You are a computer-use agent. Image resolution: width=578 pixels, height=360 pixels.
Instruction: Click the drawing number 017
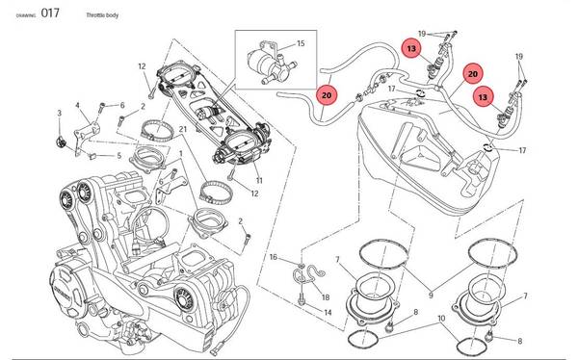pyautogui.click(x=50, y=13)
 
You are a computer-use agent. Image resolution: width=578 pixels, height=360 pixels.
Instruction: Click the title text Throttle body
pyautogui.click(x=102, y=15)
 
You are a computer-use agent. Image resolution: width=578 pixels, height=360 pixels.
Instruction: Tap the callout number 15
pyautogui.click(x=301, y=43)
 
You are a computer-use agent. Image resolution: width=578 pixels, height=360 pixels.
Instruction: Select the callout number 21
pyautogui.click(x=183, y=129)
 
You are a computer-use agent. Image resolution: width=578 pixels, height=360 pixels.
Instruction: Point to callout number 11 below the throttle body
pyautogui.click(x=259, y=181)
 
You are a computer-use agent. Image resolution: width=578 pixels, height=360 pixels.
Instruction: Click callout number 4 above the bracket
pyautogui.click(x=77, y=105)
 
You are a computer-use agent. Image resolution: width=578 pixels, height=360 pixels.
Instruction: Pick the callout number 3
pyautogui.click(x=60, y=114)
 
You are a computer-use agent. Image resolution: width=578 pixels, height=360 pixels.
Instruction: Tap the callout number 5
pyautogui.click(x=119, y=156)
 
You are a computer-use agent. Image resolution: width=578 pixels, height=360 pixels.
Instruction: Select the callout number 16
pyautogui.click(x=273, y=257)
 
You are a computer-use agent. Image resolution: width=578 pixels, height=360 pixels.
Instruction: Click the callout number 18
pyautogui.click(x=326, y=297)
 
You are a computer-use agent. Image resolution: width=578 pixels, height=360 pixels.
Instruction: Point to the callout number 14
pyautogui.click(x=328, y=313)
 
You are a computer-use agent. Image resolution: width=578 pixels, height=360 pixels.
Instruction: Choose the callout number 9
pyautogui.click(x=431, y=296)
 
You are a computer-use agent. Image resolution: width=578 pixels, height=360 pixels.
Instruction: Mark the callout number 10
pyautogui.click(x=441, y=319)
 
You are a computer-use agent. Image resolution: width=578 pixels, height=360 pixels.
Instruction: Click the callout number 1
pyautogui.click(x=181, y=153)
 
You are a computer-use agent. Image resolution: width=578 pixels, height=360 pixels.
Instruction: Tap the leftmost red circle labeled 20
pyautogui.click(x=327, y=95)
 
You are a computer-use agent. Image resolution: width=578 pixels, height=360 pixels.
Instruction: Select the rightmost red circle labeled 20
pyautogui.click(x=473, y=74)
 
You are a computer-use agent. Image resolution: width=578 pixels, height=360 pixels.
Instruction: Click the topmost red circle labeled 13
pyautogui.click(x=411, y=48)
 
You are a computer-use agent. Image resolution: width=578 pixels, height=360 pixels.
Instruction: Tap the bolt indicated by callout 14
pyautogui.click(x=302, y=300)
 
